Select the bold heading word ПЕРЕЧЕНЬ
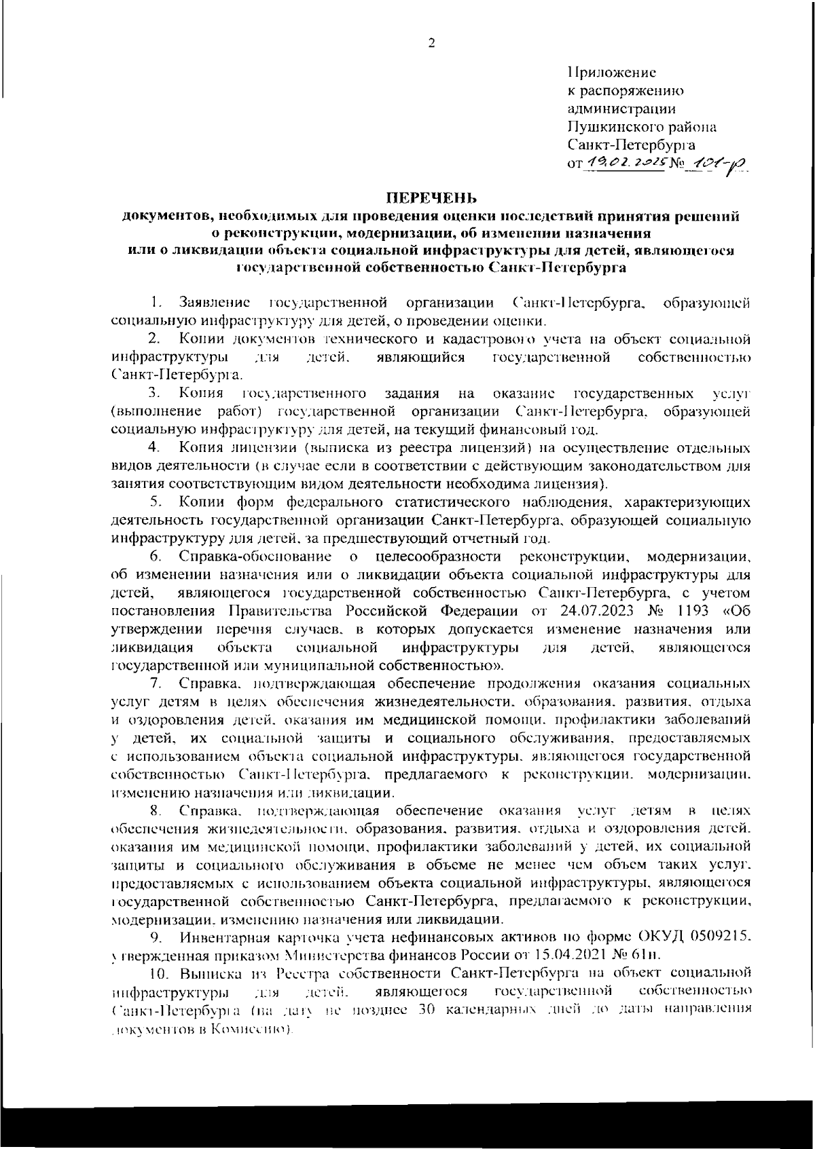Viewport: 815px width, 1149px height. pos(432,198)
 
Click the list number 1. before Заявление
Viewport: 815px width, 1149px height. pos(156,302)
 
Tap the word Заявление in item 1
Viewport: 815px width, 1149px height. pos(214,302)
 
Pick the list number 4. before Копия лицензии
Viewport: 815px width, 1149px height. pos(153,448)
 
